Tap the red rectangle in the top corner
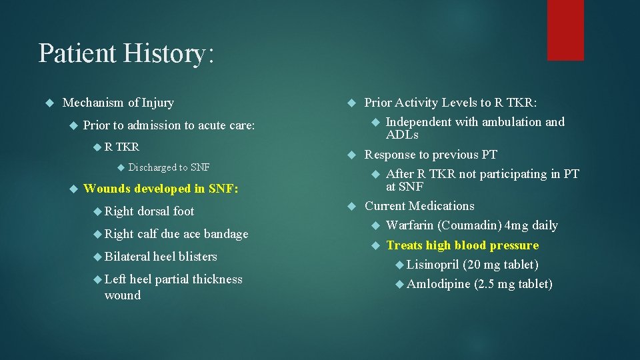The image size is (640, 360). pyautogui.click(x=565, y=30)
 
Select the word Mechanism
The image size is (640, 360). pyautogui.click(x=93, y=103)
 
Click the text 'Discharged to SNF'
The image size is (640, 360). pyautogui.click(x=169, y=167)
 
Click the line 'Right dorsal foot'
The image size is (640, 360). pyautogui.click(x=149, y=211)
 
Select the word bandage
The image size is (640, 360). pyautogui.click(x=226, y=234)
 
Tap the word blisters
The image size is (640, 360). pyautogui.click(x=198, y=257)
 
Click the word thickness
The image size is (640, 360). pyautogui.click(x=212, y=279)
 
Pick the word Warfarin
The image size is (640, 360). pyautogui.click(x=410, y=225)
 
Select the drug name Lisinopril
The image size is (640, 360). pyautogui.click(x=435, y=265)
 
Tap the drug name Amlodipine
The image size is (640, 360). pyautogui.click(x=439, y=284)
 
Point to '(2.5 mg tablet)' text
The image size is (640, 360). pyautogui.click(x=513, y=284)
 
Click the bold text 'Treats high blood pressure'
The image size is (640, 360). pyautogui.click(x=462, y=245)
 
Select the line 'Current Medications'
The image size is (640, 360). pyautogui.click(x=419, y=206)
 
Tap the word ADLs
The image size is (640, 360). pyautogui.click(x=402, y=135)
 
